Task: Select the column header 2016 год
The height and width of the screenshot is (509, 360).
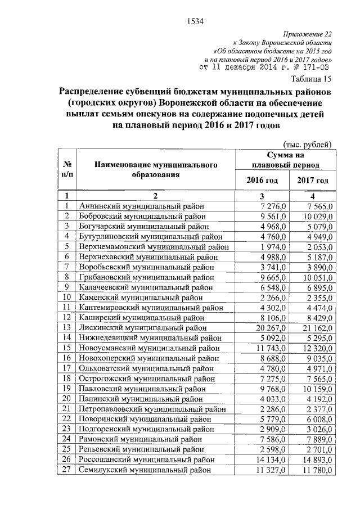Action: (x=262, y=180)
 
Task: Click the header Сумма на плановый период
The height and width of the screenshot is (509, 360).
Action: (x=286, y=160)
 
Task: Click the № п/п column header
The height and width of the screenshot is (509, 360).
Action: (x=67, y=169)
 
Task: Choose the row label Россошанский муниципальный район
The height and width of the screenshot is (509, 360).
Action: (x=146, y=459)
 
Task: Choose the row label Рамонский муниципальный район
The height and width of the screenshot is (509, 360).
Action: (x=141, y=439)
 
